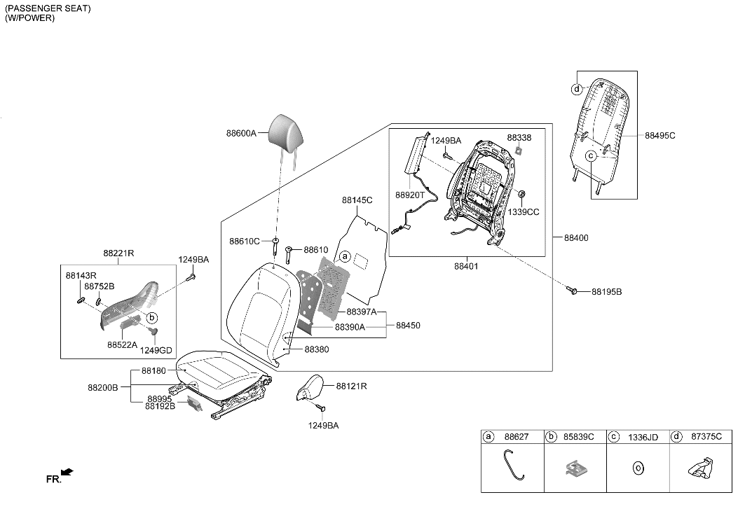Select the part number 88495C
click(659, 135)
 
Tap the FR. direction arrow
click(67, 474)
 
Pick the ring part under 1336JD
click(638, 466)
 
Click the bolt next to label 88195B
click(574, 290)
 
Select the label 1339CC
click(524, 212)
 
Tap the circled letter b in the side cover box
click(152, 317)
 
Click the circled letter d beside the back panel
click(576, 89)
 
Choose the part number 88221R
click(118, 253)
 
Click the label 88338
click(519, 138)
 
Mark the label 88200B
click(102, 386)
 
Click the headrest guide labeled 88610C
click(277, 246)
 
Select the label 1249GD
click(156, 350)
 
